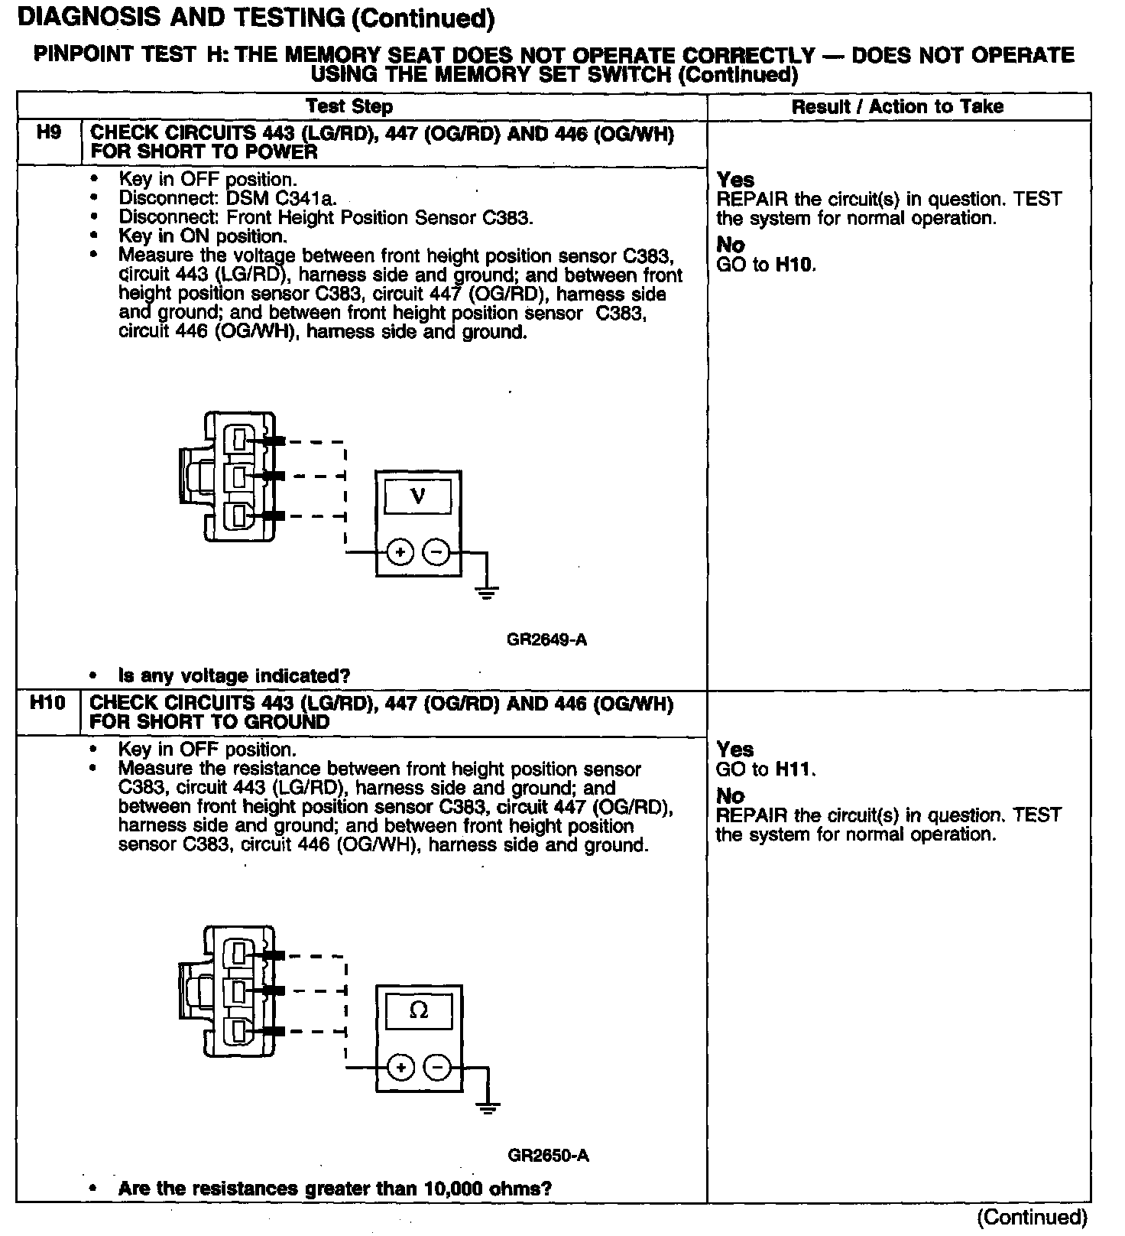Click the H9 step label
(x=48, y=133)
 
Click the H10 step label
(x=47, y=703)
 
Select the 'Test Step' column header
(x=349, y=106)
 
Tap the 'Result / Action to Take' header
(x=897, y=106)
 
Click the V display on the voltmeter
(x=417, y=497)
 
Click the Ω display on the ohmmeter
(x=419, y=1011)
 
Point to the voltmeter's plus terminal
(x=400, y=551)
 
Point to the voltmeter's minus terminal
(x=436, y=551)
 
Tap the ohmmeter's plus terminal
(x=400, y=1066)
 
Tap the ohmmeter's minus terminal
(x=437, y=1066)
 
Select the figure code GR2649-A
(x=546, y=639)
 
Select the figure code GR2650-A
(x=548, y=1155)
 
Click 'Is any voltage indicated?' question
(x=234, y=676)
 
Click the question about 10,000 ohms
(x=335, y=1189)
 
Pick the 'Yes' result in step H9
(x=735, y=180)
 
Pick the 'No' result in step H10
(x=730, y=796)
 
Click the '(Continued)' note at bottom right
(x=1032, y=1217)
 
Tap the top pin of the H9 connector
(x=240, y=440)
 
